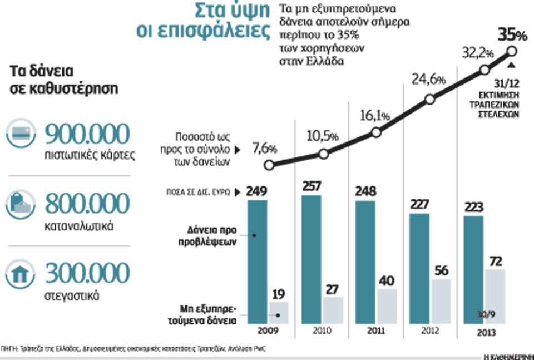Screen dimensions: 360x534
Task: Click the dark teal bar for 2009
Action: pos(258,261)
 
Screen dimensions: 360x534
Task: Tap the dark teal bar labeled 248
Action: pos(365,262)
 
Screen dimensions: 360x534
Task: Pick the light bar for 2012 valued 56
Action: pos(441,301)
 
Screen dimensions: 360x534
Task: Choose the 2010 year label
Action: pos(322,330)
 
